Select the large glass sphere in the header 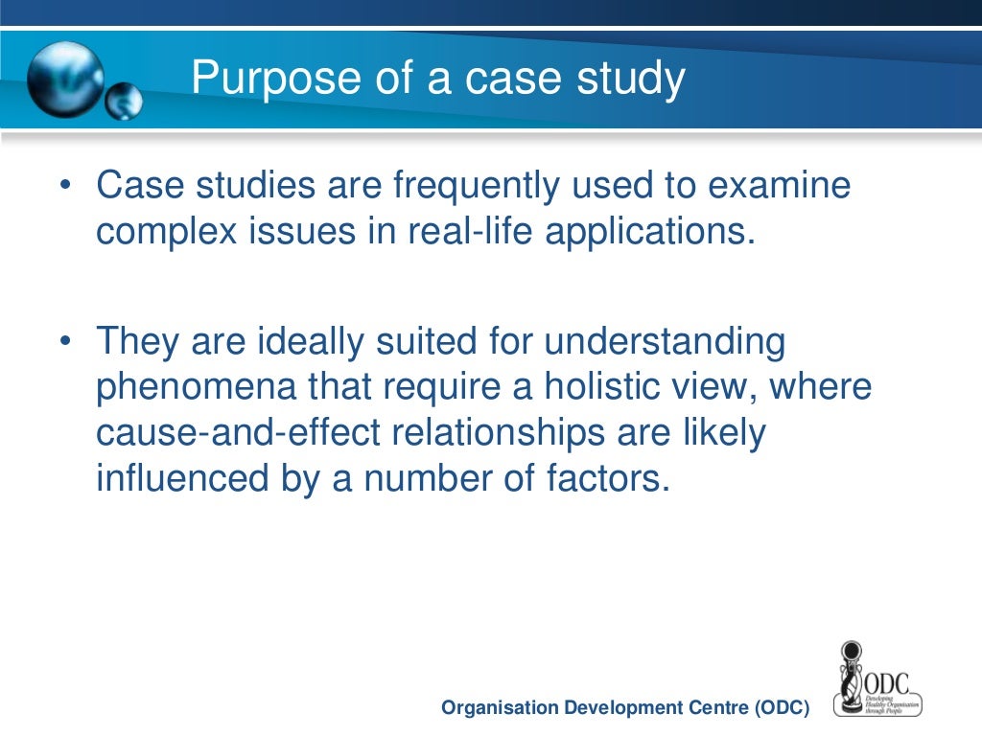(65, 80)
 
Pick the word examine (779, 186)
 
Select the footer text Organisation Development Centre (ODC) (625, 708)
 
